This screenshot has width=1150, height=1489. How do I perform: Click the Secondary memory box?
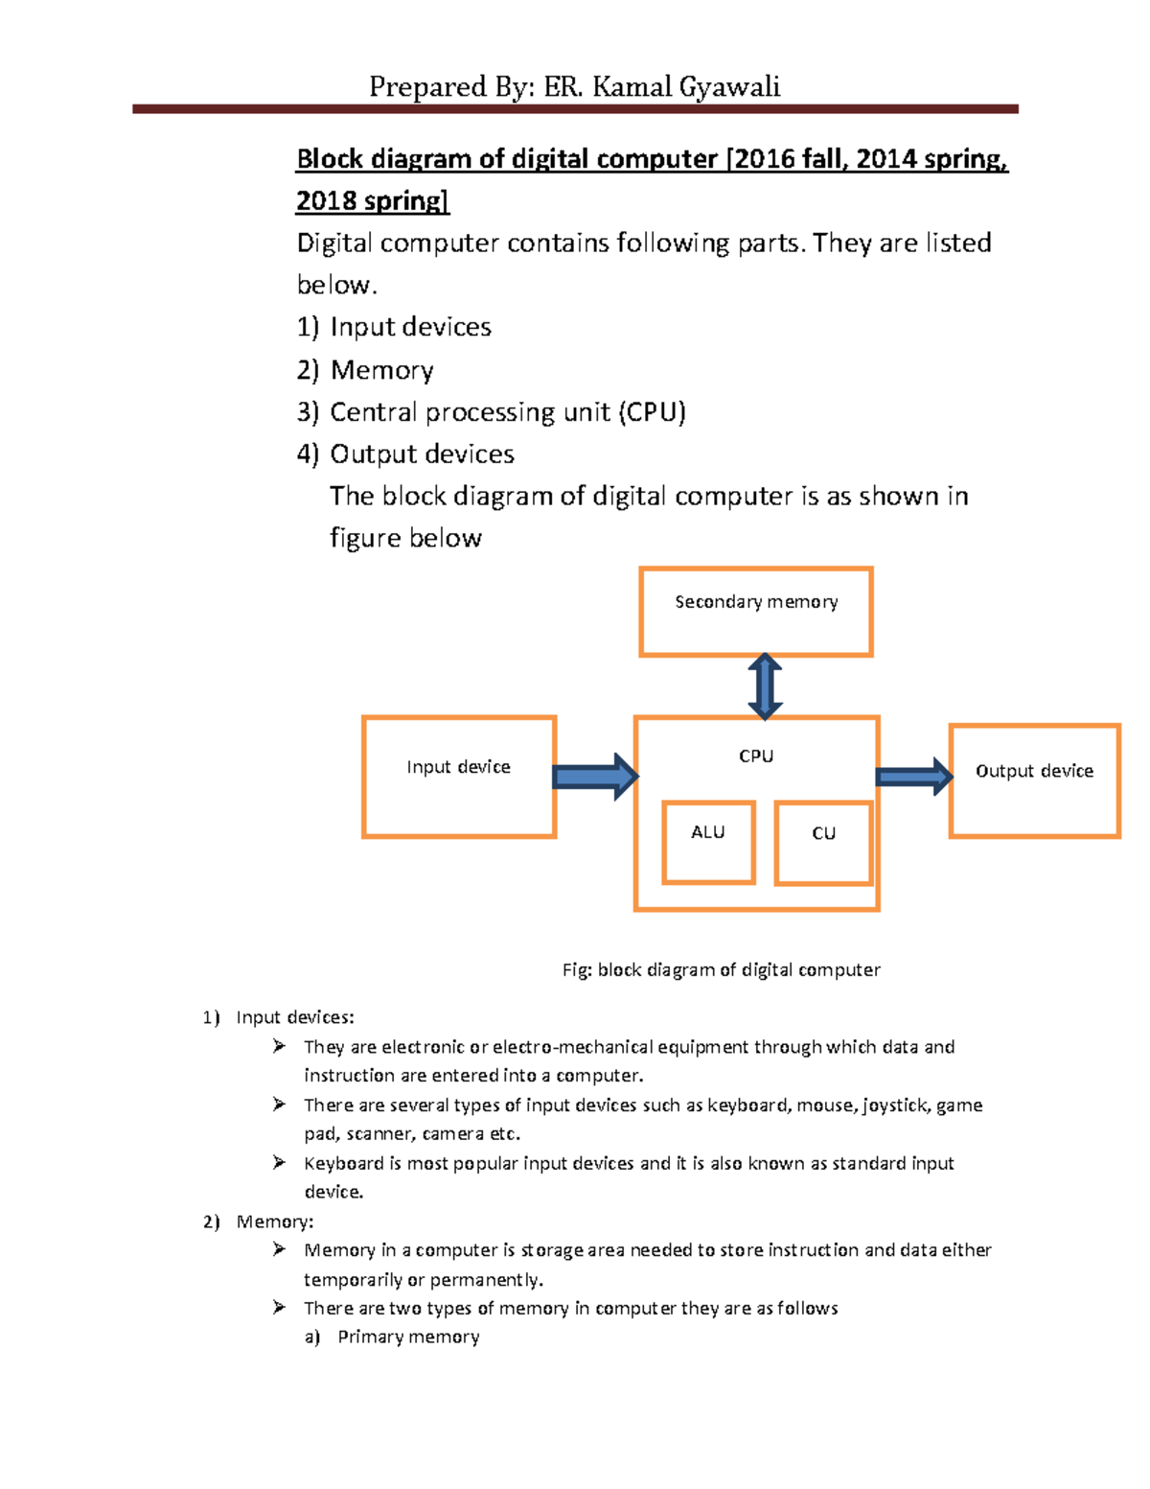click(x=755, y=612)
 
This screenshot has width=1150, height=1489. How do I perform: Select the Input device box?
click(x=459, y=777)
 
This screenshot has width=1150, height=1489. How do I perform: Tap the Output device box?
click(x=1034, y=780)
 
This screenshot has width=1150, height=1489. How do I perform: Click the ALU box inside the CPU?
click(x=708, y=842)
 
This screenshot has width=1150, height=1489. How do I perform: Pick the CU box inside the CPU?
click(x=823, y=843)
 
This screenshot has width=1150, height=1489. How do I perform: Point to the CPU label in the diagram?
click(x=756, y=756)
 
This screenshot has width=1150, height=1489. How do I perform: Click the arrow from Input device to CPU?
click(x=595, y=777)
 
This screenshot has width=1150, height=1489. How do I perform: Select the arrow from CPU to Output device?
click(x=913, y=777)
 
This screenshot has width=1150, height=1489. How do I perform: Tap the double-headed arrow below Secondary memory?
click(x=765, y=686)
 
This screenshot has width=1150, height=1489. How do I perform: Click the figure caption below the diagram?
click(x=721, y=969)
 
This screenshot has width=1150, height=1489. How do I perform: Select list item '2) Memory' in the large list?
click(x=365, y=370)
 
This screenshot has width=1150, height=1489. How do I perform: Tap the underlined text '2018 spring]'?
click(x=372, y=201)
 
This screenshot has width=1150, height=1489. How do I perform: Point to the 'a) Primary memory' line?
click(x=393, y=1337)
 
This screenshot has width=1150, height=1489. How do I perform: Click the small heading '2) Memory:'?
click(x=259, y=1221)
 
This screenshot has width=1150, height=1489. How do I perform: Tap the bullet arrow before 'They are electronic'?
click(x=279, y=1046)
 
